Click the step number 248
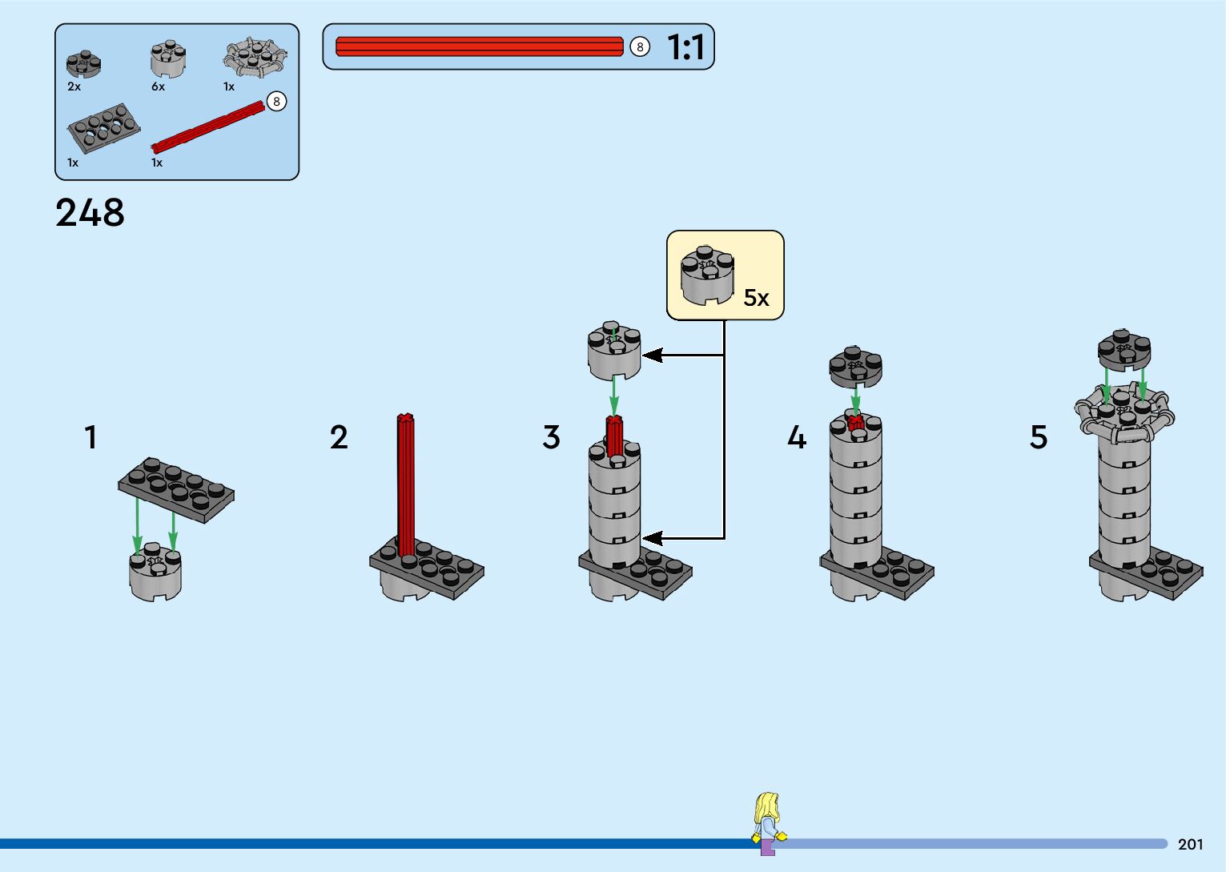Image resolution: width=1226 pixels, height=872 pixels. pos(90,213)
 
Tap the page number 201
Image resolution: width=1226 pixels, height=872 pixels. pos(1190,844)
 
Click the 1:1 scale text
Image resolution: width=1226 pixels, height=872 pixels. pos(685,47)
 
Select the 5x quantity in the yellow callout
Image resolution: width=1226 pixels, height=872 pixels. pos(756,298)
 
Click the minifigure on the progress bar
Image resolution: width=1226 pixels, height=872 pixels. pos(768,823)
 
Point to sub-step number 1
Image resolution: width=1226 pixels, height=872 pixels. pos(90,437)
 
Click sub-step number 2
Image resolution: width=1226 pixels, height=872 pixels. pos(339,437)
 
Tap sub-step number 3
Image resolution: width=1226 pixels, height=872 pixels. pos(551,437)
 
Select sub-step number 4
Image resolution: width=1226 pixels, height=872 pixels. pos(796,437)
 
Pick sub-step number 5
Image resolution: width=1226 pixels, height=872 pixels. pos(1038,437)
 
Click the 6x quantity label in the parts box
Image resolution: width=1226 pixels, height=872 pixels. pos(158,86)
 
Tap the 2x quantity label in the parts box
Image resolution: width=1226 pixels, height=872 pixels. pos(74,86)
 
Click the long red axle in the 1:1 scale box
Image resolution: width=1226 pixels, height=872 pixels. pos(479,47)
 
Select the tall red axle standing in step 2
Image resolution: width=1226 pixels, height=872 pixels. pos(406,484)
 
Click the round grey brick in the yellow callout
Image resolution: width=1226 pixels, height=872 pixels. pos(707,275)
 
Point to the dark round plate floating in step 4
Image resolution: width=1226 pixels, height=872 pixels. pos(855,367)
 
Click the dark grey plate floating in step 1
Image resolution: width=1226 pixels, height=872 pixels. pos(176,488)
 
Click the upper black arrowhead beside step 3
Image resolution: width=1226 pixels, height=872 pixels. pos(652,355)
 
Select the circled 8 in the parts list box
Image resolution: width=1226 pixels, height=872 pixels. pos(276,102)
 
